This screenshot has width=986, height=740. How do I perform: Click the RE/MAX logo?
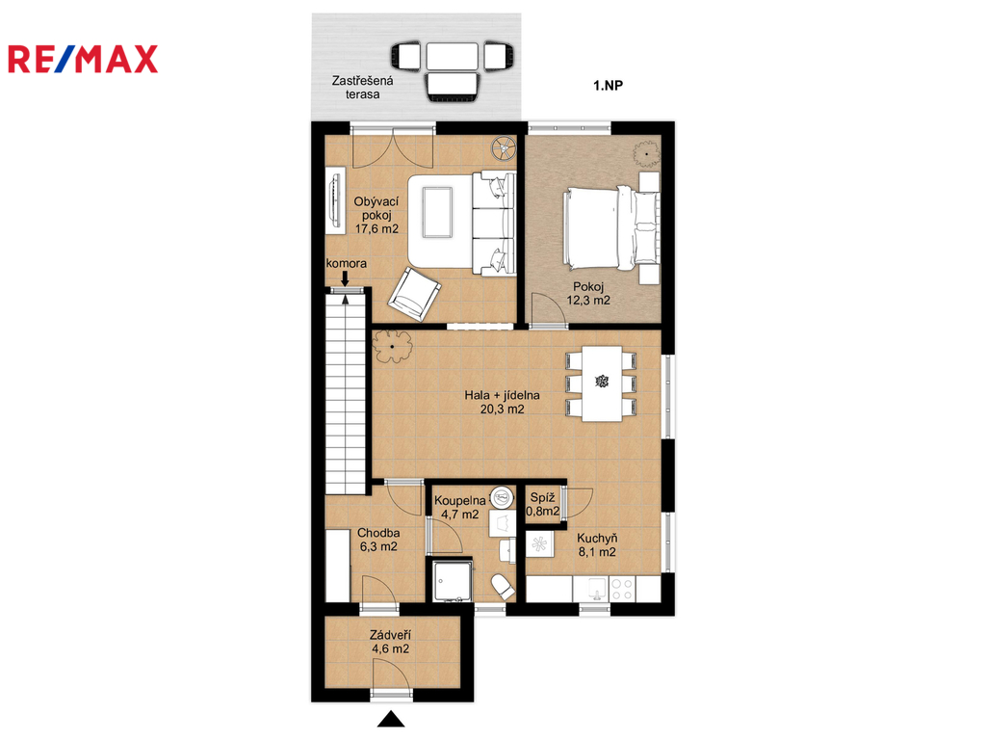(x=83, y=59)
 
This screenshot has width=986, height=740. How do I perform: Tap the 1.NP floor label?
(x=609, y=86)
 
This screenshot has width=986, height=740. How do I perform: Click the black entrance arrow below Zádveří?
(x=391, y=719)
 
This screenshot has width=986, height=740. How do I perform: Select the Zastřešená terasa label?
(x=363, y=88)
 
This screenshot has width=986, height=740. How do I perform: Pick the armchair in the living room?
(x=414, y=294)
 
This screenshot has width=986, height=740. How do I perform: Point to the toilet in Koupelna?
(x=504, y=587)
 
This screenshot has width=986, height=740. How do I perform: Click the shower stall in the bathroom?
(x=453, y=581)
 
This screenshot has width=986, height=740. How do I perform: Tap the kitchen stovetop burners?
(x=622, y=590)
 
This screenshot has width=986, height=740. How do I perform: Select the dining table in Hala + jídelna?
(x=602, y=383)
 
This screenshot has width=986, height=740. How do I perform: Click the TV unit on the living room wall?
(x=335, y=200)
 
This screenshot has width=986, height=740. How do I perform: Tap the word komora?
(x=346, y=264)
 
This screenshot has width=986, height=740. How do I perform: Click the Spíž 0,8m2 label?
(x=543, y=505)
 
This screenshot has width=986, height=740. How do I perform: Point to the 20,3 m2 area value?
(x=503, y=409)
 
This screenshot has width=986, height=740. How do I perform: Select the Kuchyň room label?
(x=597, y=539)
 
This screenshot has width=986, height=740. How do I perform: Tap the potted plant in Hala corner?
(x=393, y=347)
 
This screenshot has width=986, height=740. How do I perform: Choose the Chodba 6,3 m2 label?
(x=378, y=540)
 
